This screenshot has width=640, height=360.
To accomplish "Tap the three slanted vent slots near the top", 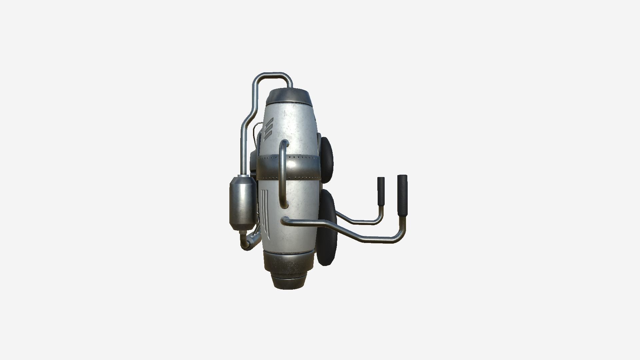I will tap(268, 129).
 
